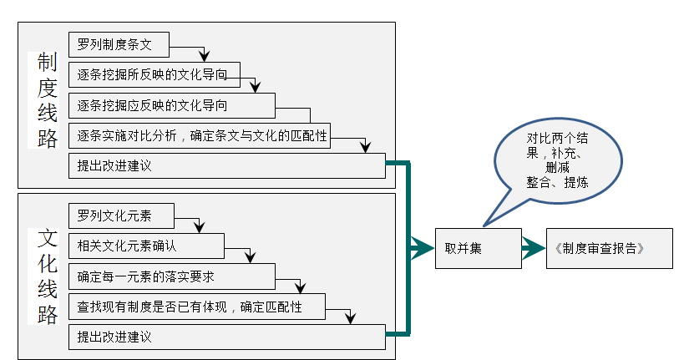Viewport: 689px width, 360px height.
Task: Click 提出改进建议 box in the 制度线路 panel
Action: [225, 165]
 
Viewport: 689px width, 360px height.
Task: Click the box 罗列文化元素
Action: [121, 217]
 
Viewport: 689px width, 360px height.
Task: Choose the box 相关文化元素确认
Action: [146, 246]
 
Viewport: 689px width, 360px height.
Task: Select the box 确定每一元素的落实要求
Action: [171, 276]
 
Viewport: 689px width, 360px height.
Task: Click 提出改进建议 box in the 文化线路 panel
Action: [225, 337]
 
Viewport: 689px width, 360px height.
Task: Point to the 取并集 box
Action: [478, 248]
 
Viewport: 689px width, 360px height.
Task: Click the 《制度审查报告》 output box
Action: [609, 248]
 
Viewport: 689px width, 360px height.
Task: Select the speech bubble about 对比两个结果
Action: [555, 159]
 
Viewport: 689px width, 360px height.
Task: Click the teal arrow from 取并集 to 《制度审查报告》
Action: [533, 248]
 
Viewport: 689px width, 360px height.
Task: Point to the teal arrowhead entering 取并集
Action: [421, 248]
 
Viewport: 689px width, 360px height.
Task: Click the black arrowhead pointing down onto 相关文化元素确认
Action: [200, 227]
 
